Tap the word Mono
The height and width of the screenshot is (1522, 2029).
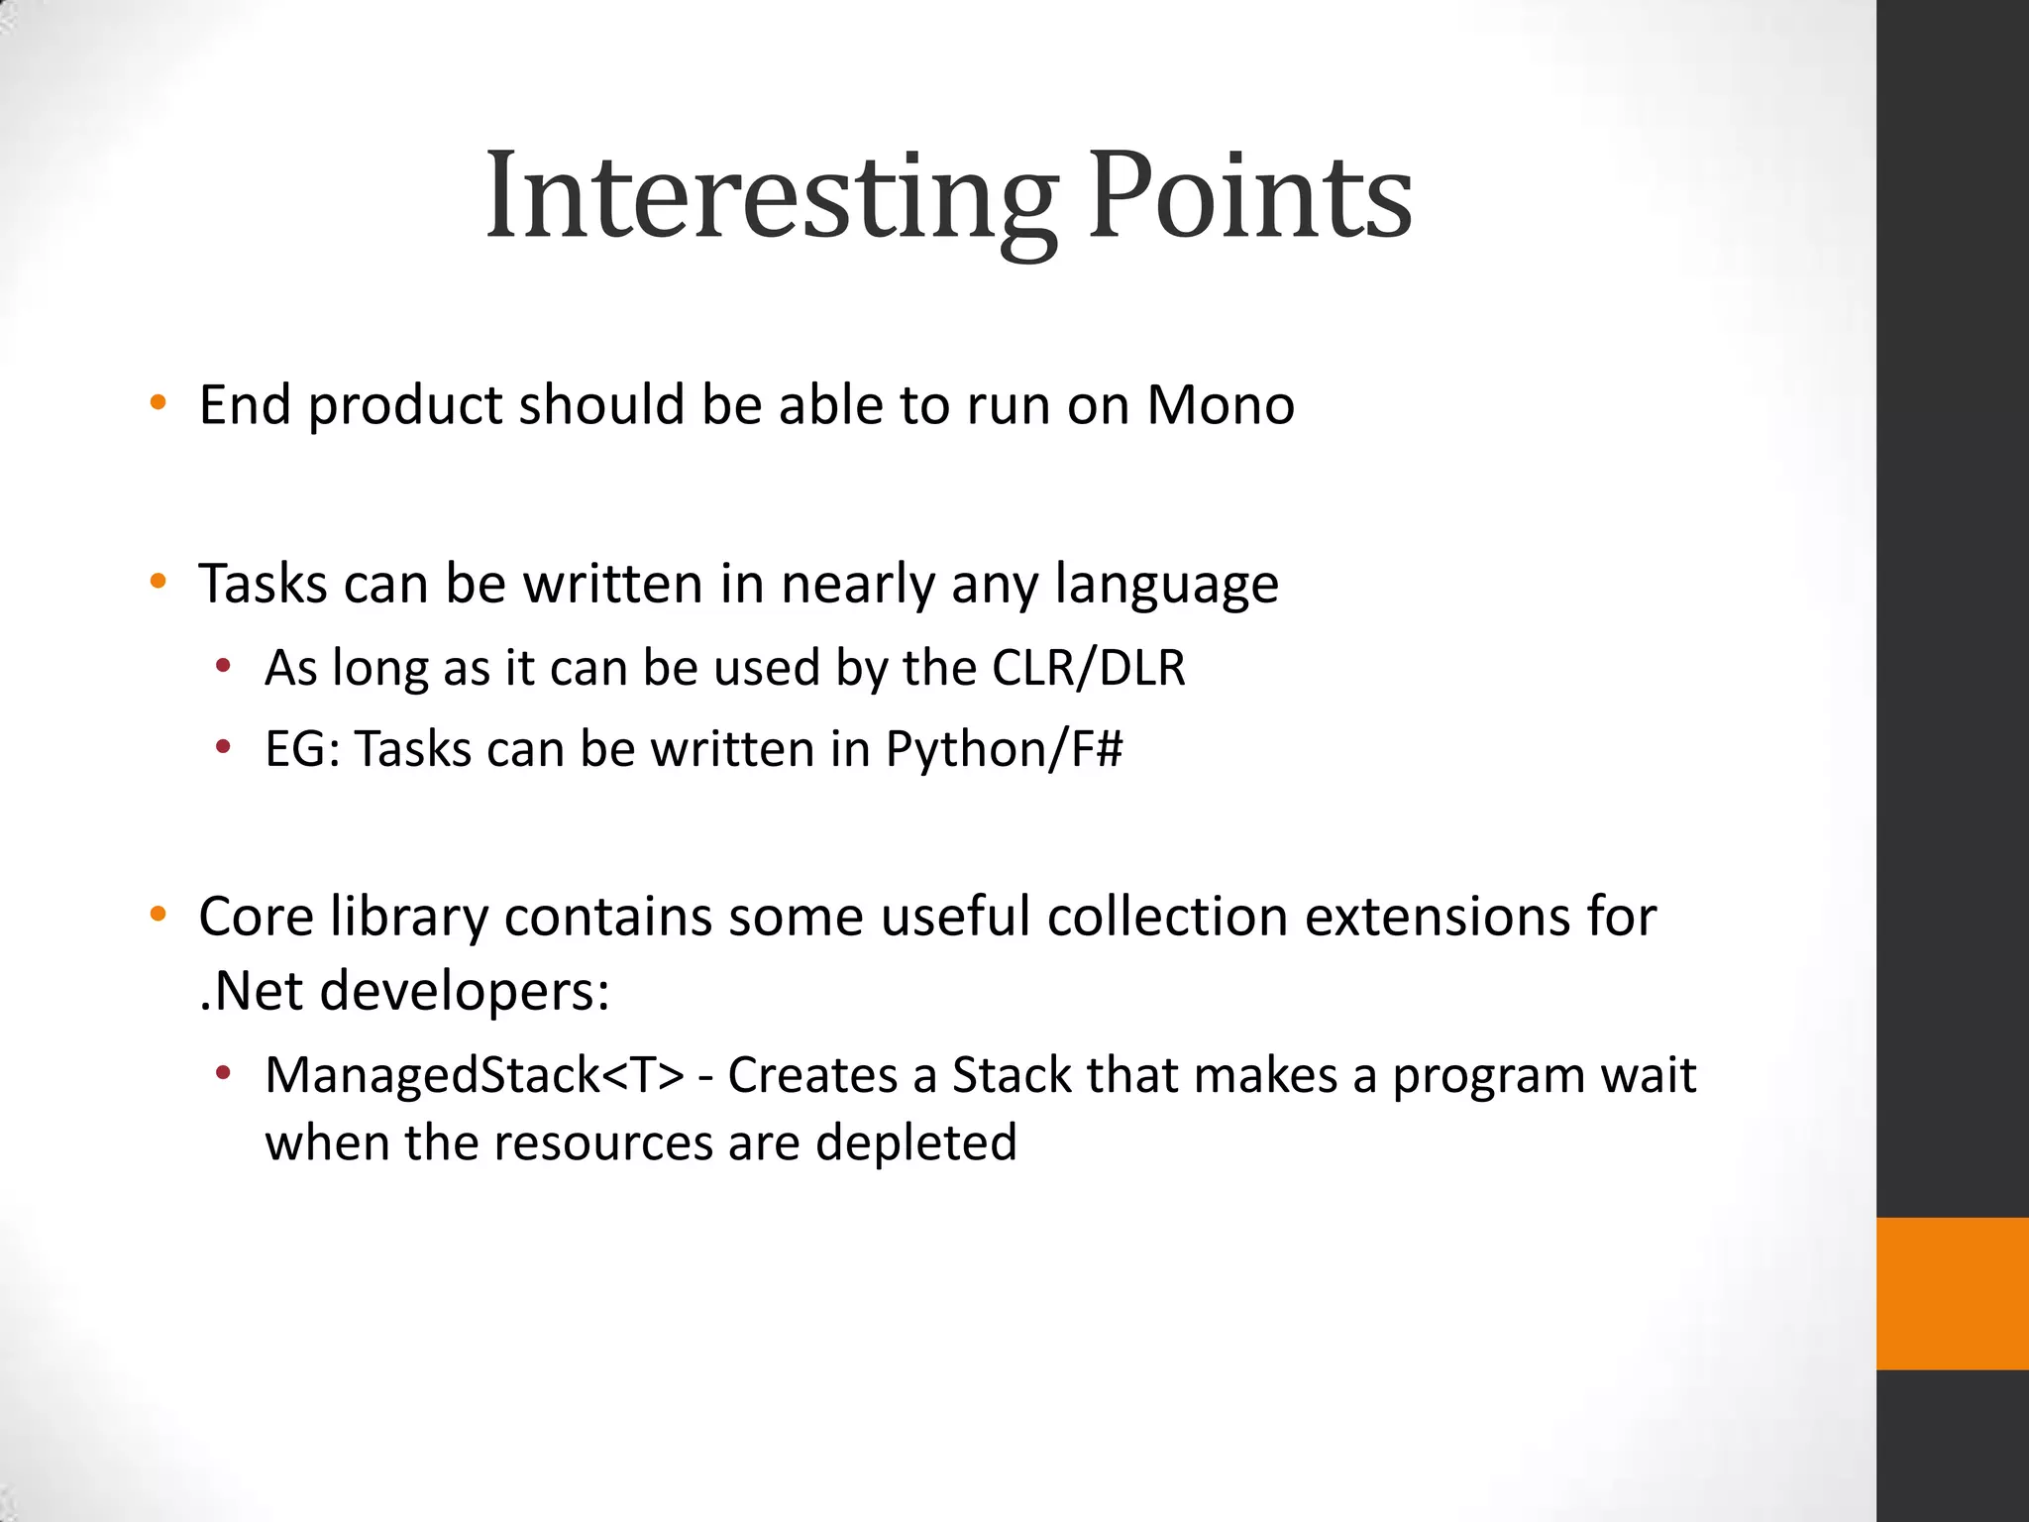1221,405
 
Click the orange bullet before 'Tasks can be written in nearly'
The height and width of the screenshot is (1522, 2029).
158,582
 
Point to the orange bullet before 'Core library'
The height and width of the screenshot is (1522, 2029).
158,915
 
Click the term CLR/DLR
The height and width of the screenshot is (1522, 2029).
1088,668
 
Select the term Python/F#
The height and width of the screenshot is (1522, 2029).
1004,749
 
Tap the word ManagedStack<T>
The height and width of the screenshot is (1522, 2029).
475,1076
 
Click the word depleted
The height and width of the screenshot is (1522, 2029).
916,1142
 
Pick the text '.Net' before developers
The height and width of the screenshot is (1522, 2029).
250,991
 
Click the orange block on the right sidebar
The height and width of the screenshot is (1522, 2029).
1953,1293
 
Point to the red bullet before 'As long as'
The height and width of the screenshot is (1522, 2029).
223,666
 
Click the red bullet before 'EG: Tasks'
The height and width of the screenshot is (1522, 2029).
223,746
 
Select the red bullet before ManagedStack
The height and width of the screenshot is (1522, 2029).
223,1073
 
